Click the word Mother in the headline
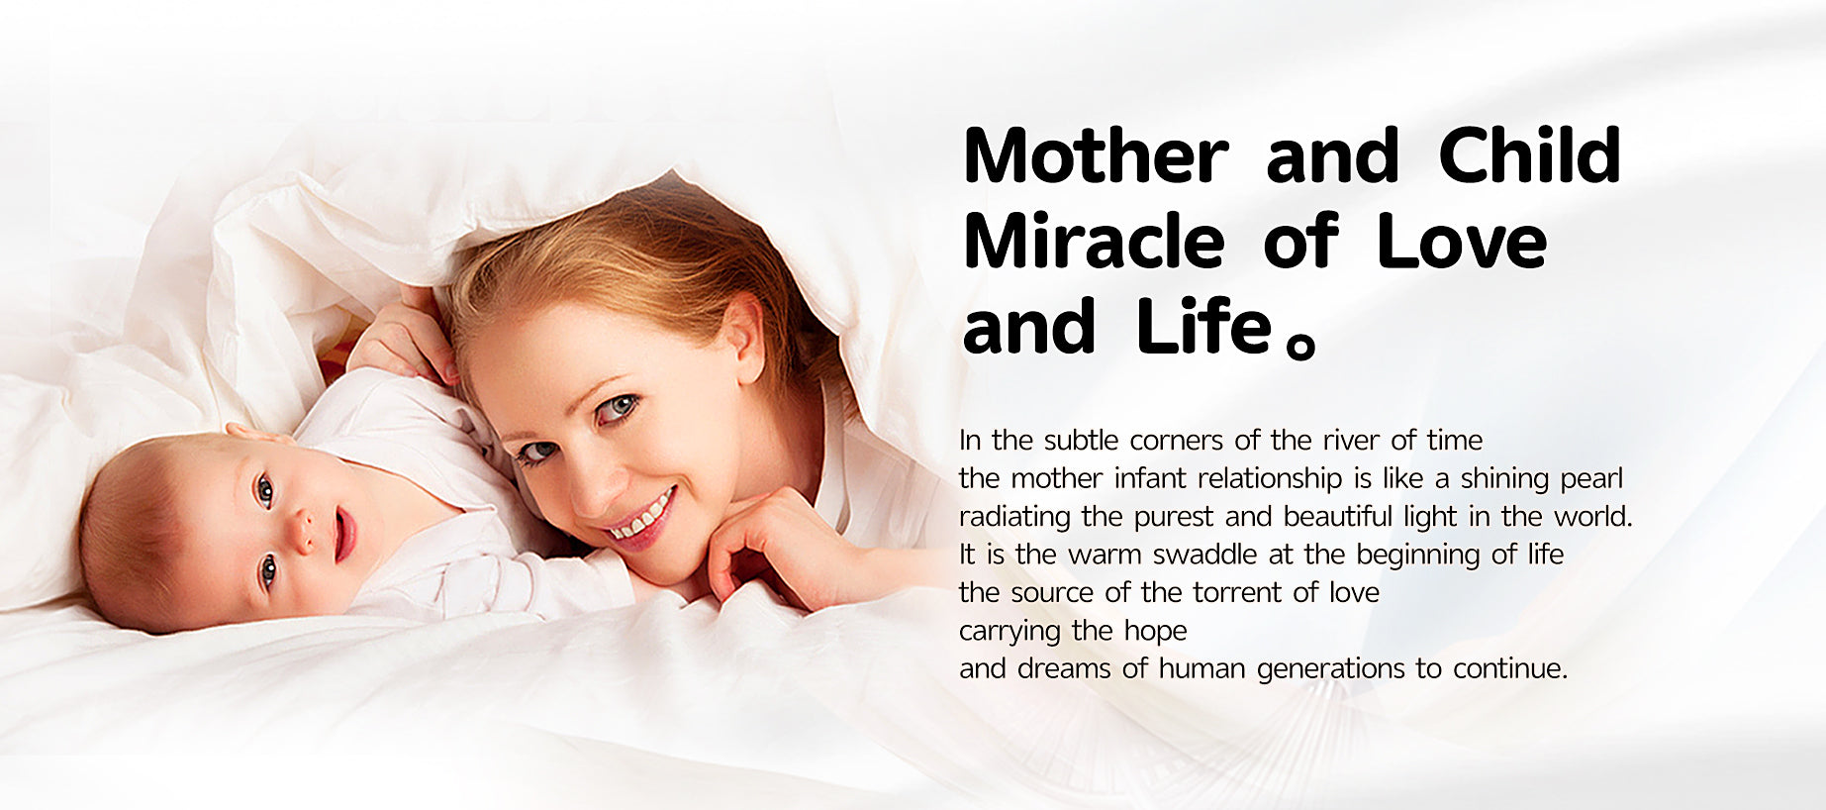1096,155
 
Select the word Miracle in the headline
1094,241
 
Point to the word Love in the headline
1462,242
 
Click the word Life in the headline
1203,327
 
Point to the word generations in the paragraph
1330,669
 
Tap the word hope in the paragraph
1155,631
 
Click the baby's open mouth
344,535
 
